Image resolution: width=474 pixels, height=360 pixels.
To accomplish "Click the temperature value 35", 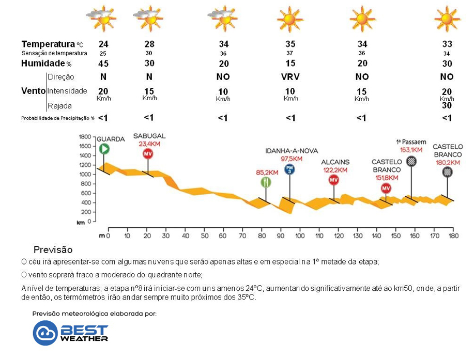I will [x=290, y=44].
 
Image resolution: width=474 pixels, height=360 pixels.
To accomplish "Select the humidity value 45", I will [x=103, y=64].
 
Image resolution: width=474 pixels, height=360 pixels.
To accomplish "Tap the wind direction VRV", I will [x=290, y=77].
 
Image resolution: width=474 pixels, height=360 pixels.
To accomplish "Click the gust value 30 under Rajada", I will [x=447, y=105].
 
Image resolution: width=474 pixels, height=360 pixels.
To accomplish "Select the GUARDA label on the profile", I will [x=111, y=139].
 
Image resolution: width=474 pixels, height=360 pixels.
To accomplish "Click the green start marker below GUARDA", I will [x=104, y=149].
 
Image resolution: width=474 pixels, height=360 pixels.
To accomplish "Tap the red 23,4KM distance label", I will [x=148, y=144].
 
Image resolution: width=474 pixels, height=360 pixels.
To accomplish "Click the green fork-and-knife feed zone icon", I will [x=266, y=182].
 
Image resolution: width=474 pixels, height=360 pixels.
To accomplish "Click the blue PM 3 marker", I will [x=289, y=169].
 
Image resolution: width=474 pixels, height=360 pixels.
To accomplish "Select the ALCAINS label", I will [x=335, y=162].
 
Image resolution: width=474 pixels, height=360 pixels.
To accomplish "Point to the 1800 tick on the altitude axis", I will [x=84, y=137].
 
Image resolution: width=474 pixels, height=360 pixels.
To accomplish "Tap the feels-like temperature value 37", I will [x=290, y=53].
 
